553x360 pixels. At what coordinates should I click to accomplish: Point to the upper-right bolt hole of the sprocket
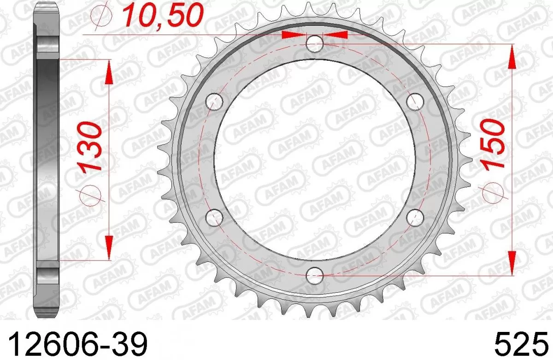point(415,100)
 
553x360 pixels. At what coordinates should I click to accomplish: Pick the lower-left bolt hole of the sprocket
point(213,217)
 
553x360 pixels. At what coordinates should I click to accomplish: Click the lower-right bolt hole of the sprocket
point(415,217)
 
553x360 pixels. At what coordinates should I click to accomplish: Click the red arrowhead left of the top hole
point(293,35)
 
